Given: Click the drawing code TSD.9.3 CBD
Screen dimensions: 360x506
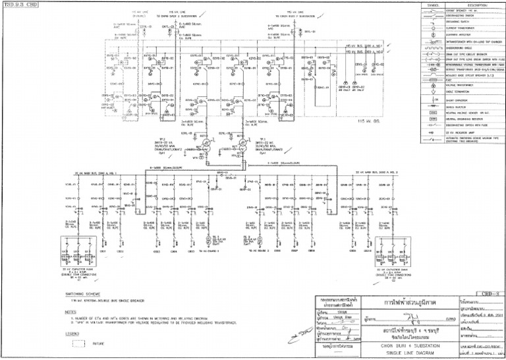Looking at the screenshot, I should click(20, 5).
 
